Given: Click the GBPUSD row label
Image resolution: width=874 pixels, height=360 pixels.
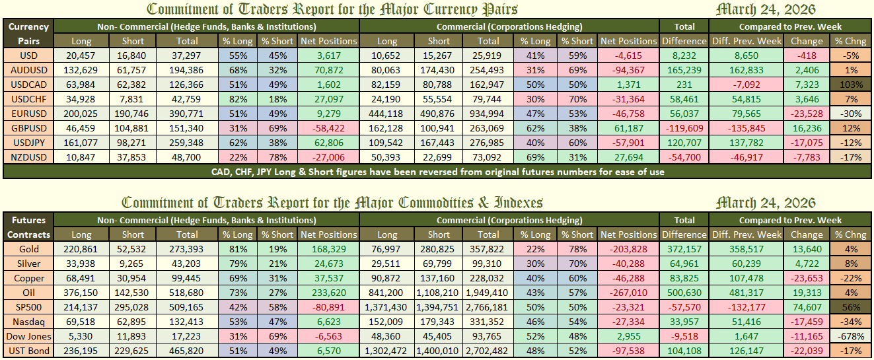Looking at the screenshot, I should point(28,128).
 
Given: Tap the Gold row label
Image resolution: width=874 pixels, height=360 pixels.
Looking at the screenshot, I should point(28,249).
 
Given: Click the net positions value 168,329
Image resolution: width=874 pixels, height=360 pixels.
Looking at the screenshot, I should point(328,249).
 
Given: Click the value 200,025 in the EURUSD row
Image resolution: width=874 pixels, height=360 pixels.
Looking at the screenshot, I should point(81,114).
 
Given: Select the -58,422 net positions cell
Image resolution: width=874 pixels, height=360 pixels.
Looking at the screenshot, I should point(328,128).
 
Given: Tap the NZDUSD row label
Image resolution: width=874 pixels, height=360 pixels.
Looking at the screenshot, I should point(28,157).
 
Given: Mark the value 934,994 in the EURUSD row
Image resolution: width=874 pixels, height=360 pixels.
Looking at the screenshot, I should point(488,114).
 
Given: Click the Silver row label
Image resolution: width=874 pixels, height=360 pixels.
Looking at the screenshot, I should point(28,264).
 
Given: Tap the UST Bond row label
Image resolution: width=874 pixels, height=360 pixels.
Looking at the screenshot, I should point(28,351).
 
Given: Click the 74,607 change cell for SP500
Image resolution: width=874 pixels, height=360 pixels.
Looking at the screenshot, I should point(807,307).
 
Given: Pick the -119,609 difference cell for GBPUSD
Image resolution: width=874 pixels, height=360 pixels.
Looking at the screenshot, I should point(684,128).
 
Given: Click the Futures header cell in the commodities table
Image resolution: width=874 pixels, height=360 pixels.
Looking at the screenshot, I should point(28,220).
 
